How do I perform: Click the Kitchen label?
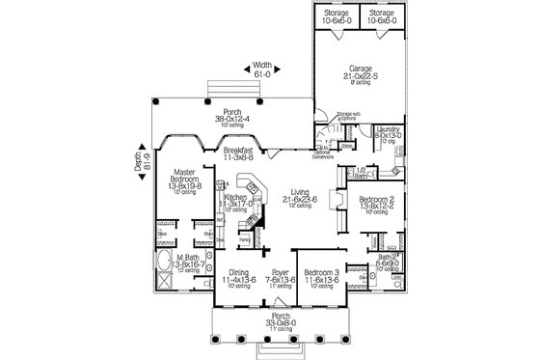tap(237, 200)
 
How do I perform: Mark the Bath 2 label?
tap(387, 257)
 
